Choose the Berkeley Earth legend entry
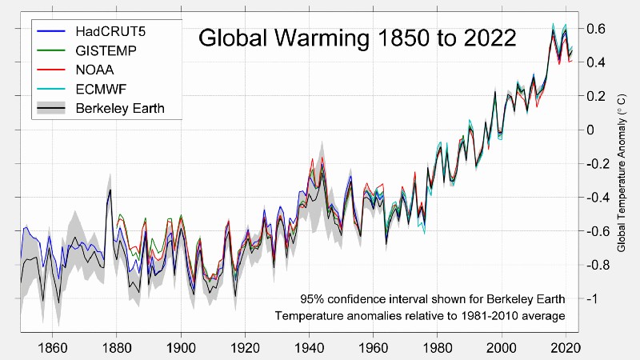click(x=119, y=108)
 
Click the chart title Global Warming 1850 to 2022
click(x=357, y=38)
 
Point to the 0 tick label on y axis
click(x=593, y=130)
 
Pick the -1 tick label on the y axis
click(x=592, y=298)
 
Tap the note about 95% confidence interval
click(x=433, y=299)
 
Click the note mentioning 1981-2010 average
click(x=420, y=317)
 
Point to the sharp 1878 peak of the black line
click(x=110, y=189)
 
